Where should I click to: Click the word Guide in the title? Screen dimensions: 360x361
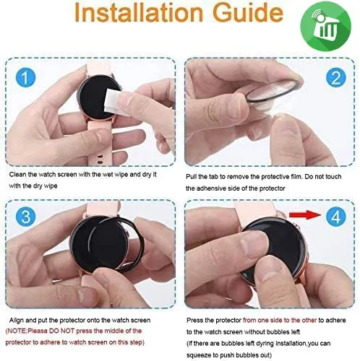pos(248,12)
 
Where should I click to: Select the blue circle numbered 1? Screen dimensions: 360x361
pos(25,77)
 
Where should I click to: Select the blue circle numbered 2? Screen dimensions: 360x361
pos(336,77)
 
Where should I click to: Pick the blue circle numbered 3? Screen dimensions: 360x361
pos(25,217)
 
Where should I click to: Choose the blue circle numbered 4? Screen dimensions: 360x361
pos(336,217)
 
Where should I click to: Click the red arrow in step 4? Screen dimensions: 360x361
pos(306,214)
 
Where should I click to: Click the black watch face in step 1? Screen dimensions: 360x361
pos(96,97)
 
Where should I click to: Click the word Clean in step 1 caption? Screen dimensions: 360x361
pos(17,175)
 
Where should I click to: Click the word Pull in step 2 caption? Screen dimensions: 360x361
pos(191,177)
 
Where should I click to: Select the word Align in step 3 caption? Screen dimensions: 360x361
pos(17,321)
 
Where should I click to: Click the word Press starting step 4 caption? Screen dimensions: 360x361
pos(195,321)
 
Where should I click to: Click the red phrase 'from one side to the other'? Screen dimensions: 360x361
pos(280,321)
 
